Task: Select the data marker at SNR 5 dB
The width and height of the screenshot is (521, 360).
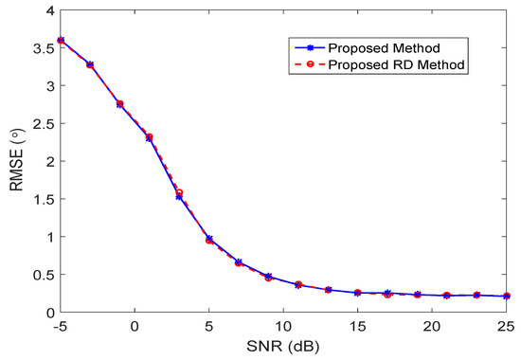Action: (208, 239)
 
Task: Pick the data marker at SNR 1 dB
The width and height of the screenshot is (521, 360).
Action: (149, 137)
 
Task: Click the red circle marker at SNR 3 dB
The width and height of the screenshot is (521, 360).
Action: (179, 192)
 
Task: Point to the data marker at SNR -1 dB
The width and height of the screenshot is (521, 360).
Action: (119, 104)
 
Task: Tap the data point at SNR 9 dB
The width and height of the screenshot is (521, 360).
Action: (268, 277)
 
